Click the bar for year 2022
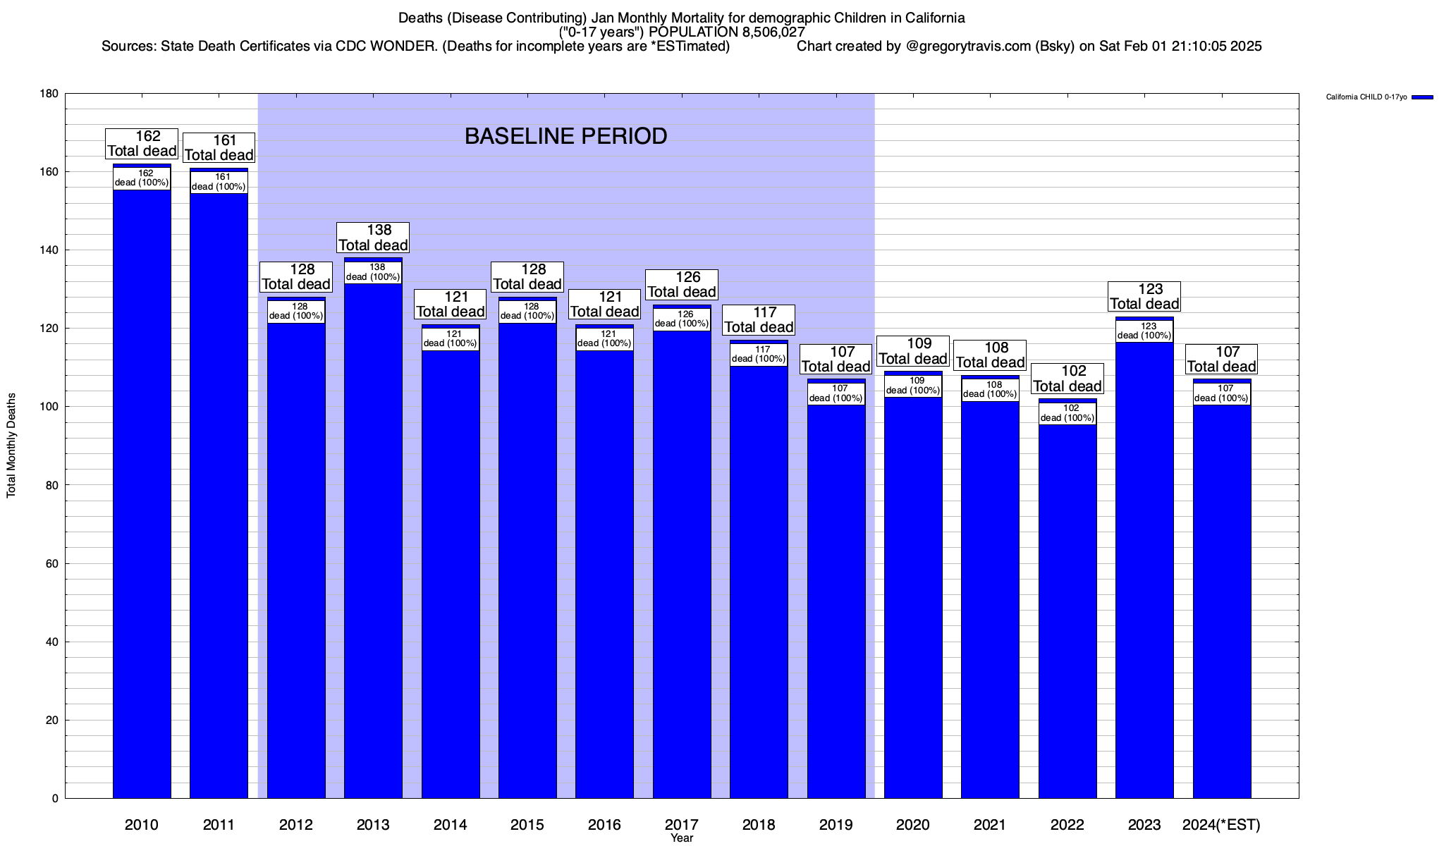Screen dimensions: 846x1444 click(1067, 613)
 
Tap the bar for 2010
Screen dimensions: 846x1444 click(142, 493)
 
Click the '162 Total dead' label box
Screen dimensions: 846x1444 click(142, 144)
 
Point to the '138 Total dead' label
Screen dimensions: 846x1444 click(373, 238)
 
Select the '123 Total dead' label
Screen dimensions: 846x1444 click(1144, 296)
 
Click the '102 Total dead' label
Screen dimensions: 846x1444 click(1067, 379)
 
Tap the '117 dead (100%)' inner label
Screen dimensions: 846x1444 click(759, 354)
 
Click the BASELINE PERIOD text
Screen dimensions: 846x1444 click(565, 136)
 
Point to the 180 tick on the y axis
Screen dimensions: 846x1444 click(49, 94)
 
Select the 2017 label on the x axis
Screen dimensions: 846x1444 click(682, 824)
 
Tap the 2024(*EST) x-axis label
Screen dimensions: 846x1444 click(1221, 824)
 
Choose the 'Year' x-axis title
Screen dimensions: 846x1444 click(682, 838)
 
